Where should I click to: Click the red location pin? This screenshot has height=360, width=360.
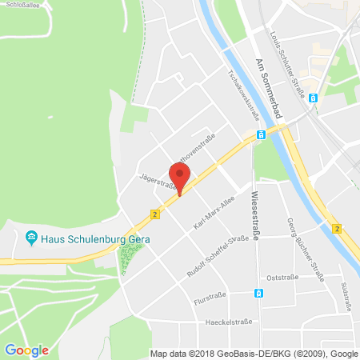(179, 174)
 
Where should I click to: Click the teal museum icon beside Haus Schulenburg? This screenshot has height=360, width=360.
(31, 238)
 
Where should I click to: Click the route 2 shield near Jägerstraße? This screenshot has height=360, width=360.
(154, 214)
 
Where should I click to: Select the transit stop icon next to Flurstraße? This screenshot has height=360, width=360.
(259, 293)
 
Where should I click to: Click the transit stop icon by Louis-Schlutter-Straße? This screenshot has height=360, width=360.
(314, 98)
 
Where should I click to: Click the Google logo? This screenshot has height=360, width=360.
(26, 349)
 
